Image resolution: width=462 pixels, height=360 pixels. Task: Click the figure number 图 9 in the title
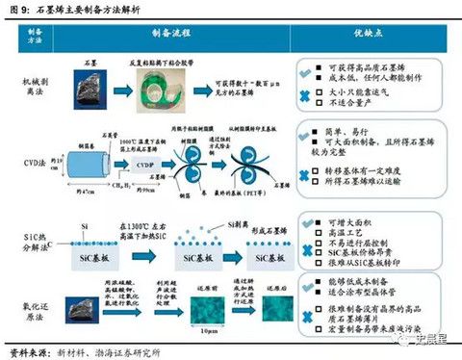coord(16,8)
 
